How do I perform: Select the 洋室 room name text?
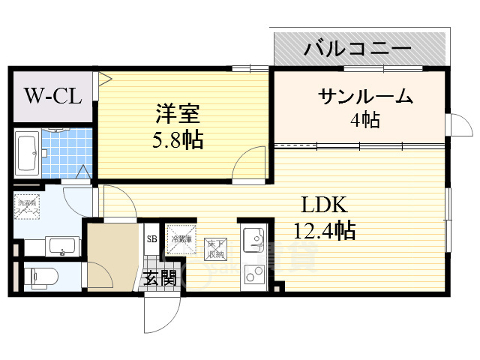click(x=177, y=115)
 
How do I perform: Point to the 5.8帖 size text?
click(x=177, y=140)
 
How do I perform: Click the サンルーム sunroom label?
click(x=365, y=97)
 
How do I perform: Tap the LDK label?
click(x=323, y=204)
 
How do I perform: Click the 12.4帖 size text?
click(x=323, y=229)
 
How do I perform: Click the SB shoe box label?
click(x=151, y=239)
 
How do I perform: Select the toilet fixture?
click(x=39, y=275)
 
